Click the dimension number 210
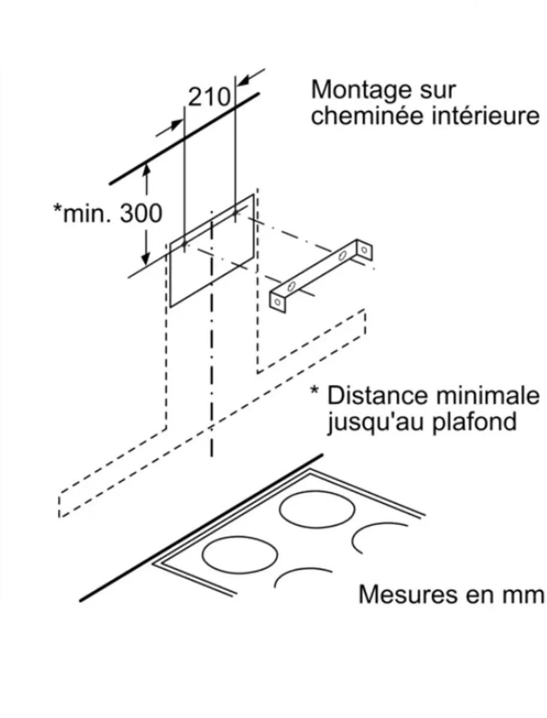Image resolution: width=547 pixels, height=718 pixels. click(209, 97)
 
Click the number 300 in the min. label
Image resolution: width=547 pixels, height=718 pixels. click(141, 214)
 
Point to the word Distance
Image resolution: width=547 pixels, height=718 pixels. click(377, 396)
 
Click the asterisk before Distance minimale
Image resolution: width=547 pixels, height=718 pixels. click(315, 391)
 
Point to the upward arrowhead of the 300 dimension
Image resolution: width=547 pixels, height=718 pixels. click(146, 169)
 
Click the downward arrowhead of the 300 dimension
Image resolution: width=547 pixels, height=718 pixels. click(146, 258)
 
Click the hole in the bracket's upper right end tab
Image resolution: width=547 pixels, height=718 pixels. click(365, 250)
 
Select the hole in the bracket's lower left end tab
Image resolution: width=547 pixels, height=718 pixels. click(278, 302)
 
